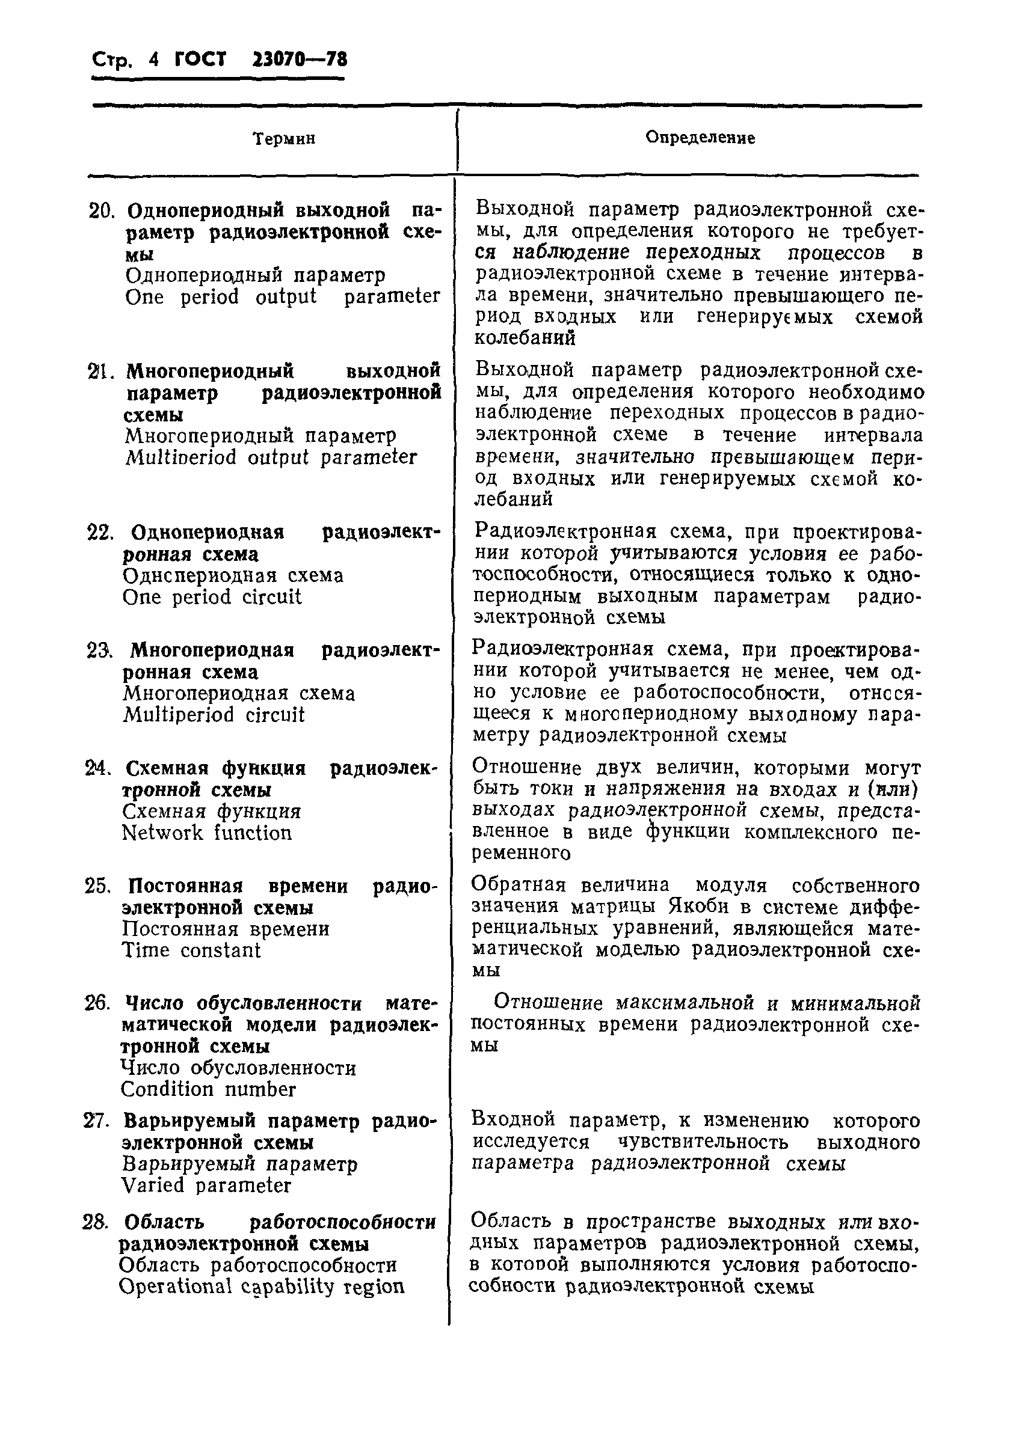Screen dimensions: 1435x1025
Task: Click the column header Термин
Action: (x=284, y=139)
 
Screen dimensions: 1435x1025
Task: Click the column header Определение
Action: (x=700, y=138)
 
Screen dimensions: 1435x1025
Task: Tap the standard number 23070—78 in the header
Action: (x=300, y=60)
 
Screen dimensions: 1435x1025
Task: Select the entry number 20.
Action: (x=100, y=210)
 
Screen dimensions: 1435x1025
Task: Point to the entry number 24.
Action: (x=99, y=768)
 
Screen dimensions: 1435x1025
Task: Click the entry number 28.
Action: (x=95, y=1222)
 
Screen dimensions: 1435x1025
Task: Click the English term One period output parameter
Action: (x=282, y=296)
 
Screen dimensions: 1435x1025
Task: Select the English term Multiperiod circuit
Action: (x=214, y=715)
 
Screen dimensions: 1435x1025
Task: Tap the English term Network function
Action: (x=206, y=833)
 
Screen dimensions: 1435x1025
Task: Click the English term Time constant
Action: (x=191, y=950)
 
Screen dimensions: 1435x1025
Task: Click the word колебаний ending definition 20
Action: (x=525, y=338)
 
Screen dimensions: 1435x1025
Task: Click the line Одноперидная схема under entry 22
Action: (x=233, y=575)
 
